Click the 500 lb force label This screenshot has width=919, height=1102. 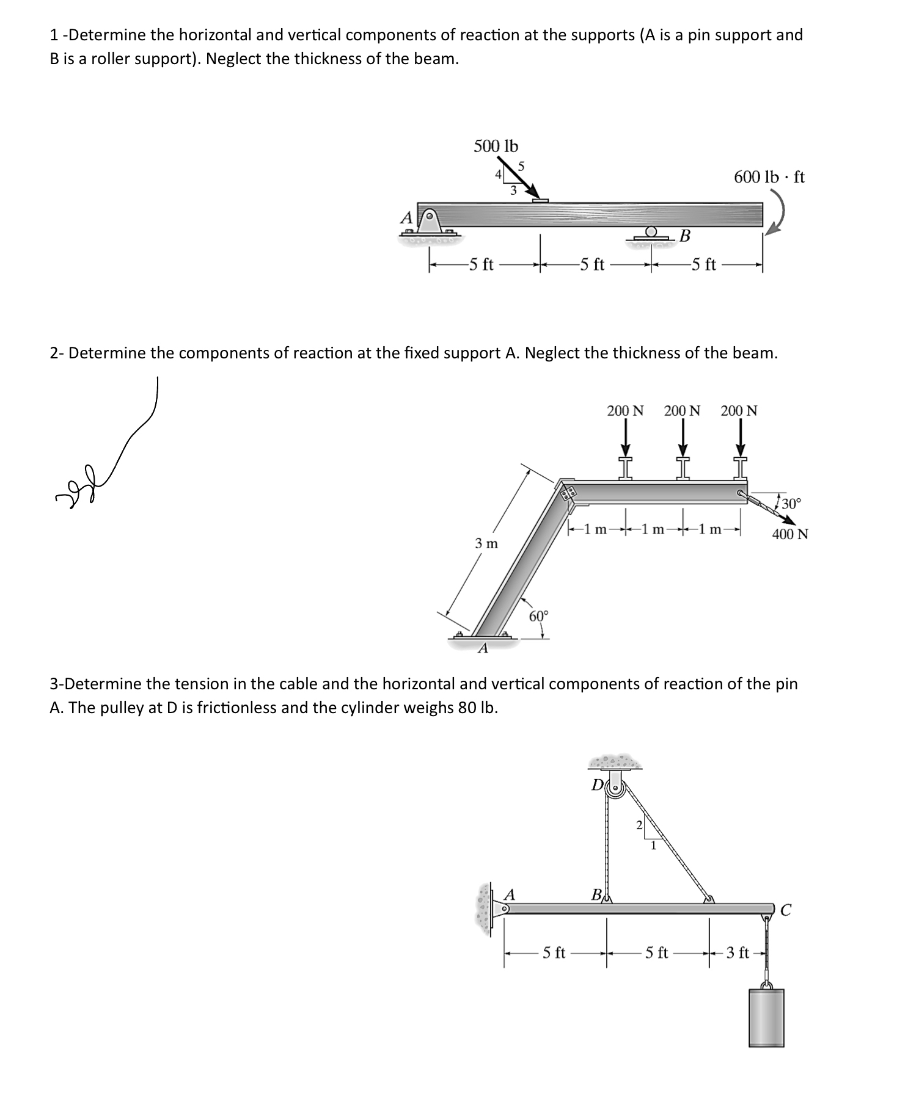496,147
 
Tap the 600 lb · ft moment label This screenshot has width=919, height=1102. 769,178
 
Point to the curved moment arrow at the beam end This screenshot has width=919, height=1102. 777,214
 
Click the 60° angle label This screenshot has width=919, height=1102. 539,615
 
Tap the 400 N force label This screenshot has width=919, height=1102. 789,534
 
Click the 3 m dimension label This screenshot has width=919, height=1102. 486,543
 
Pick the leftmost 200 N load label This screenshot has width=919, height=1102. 625,411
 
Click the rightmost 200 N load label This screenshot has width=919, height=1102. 739,411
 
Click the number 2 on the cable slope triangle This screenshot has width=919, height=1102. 639,825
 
